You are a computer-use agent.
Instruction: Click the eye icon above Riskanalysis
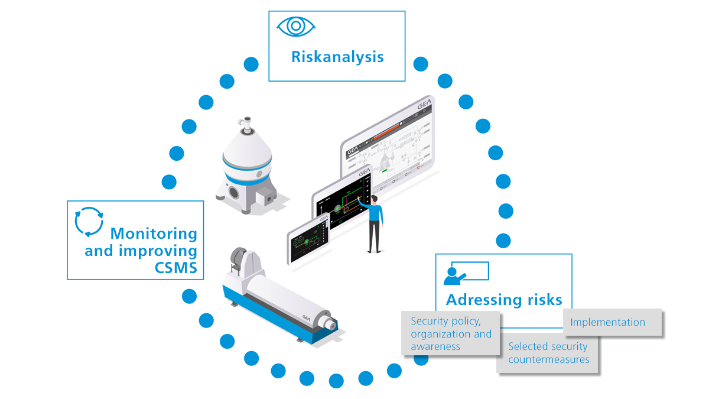tap(296, 27)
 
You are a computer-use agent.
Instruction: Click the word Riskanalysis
tap(337, 57)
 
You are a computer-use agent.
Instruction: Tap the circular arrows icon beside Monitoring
tap(89, 222)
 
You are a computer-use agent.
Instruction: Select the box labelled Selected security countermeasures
tap(548, 353)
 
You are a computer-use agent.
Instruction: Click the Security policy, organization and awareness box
tap(451, 335)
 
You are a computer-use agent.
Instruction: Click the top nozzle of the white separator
tap(244, 121)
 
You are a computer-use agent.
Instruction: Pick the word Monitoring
tap(154, 233)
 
